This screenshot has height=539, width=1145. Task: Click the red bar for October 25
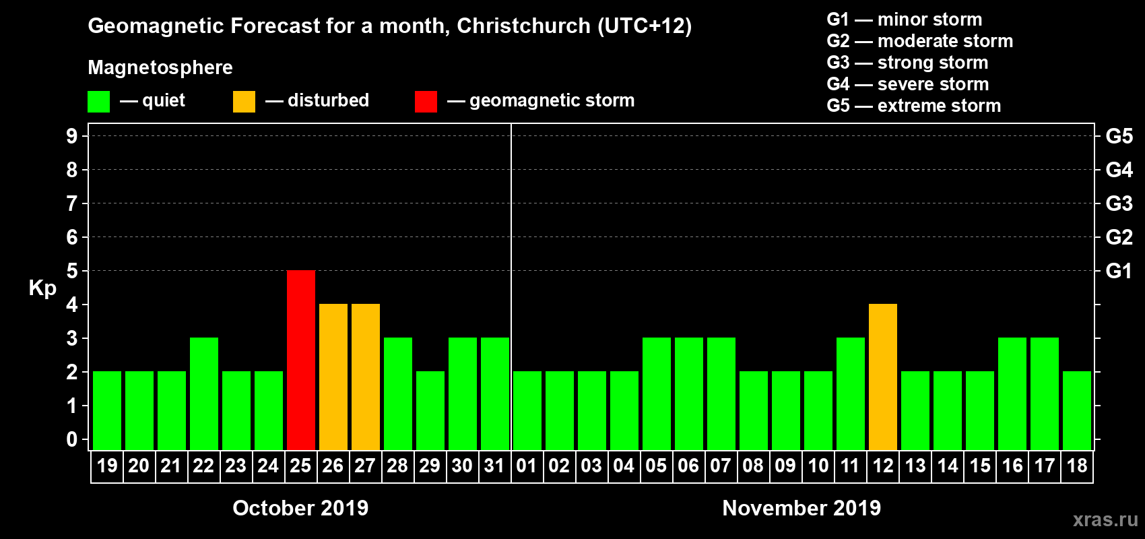(x=301, y=360)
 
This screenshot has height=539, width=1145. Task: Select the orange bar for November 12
(x=883, y=377)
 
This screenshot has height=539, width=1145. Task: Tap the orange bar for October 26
(x=333, y=377)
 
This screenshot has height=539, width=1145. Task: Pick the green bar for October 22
(x=204, y=393)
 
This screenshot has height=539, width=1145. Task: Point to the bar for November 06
(x=689, y=393)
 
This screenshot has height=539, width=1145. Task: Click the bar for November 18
(x=1077, y=410)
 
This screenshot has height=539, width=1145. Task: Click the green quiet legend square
(x=99, y=102)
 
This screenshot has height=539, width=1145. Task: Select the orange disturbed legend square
(x=244, y=102)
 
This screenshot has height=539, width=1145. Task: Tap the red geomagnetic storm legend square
(x=426, y=102)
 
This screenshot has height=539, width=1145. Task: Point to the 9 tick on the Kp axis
(x=72, y=136)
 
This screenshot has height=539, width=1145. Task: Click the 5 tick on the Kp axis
(x=72, y=271)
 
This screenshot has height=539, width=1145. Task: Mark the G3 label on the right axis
(x=1119, y=203)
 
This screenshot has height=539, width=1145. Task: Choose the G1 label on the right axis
(x=1119, y=271)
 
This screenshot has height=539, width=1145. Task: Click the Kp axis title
(x=42, y=288)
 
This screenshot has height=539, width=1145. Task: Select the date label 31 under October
(x=494, y=466)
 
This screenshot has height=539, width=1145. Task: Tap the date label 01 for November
(x=527, y=466)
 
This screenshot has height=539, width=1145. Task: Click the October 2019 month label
(x=300, y=508)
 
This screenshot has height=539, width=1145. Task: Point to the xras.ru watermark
(x=1105, y=519)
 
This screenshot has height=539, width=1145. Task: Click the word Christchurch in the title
(x=523, y=26)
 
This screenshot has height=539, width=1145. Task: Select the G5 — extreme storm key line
(x=913, y=106)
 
